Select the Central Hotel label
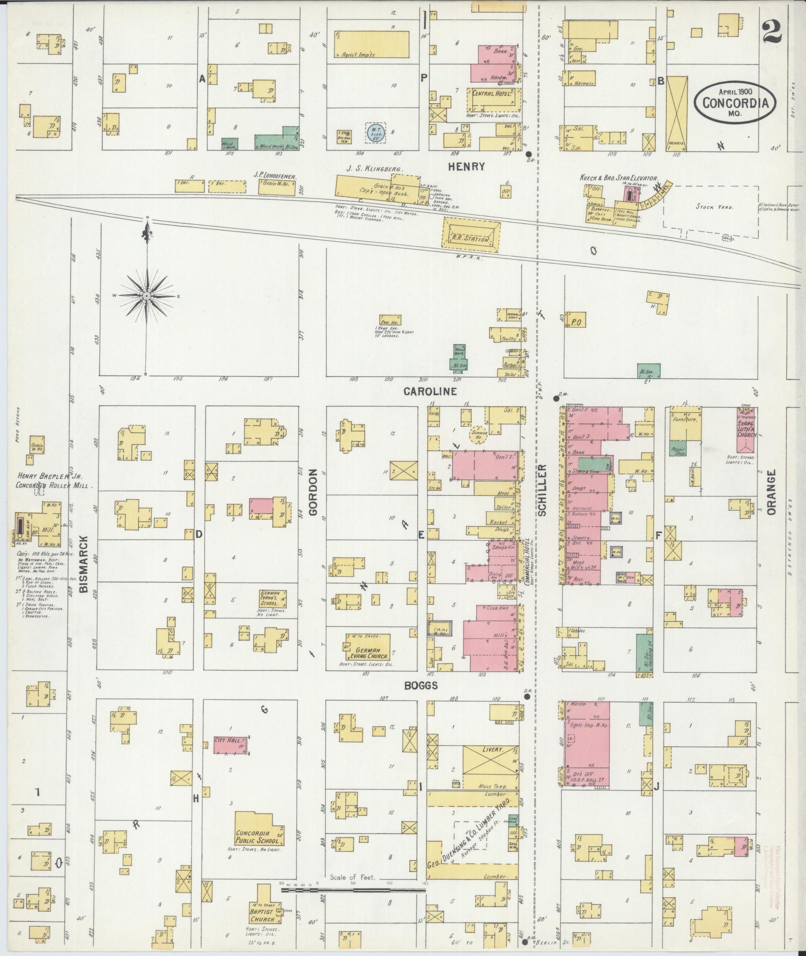point(492,93)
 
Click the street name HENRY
point(466,166)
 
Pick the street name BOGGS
point(421,686)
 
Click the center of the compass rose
point(147,296)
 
